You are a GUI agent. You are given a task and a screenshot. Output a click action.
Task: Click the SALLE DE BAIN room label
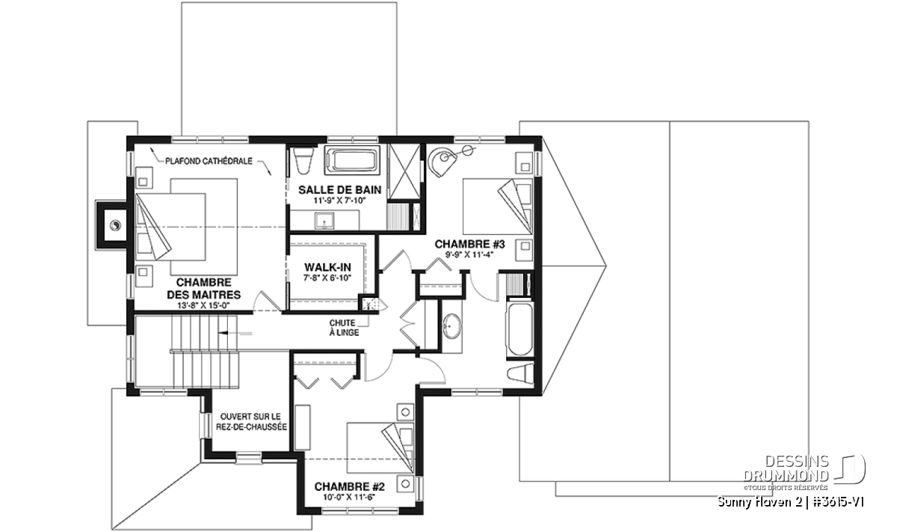click(x=339, y=189)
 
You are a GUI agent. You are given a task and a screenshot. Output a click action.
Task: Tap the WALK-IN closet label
click(x=327, y=267)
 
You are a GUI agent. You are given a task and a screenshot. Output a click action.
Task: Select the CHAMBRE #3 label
click(x=469, y=244)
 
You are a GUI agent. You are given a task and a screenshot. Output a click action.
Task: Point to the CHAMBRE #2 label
click(x=349, y=486)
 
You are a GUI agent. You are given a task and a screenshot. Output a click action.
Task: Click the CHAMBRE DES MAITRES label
click(x=204, y=288)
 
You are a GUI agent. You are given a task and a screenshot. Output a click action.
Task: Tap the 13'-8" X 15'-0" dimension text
click(x=204, y=305)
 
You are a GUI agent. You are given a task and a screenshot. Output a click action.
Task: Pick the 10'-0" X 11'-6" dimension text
click(x=349, y=498)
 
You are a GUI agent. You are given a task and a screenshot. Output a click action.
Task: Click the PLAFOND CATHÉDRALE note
click(x=209, y=161)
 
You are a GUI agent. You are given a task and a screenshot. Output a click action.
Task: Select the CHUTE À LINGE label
click(x=344, y=328)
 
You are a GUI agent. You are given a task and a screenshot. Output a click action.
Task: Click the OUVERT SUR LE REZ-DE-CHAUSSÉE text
click(x=251, y=422)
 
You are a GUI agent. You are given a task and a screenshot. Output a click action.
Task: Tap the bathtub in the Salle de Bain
click(x=352, y=160)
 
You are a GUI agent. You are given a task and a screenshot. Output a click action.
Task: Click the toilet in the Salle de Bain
click(x=303, y=161)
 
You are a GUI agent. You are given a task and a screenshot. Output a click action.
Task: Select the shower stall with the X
click(x=405, y=171)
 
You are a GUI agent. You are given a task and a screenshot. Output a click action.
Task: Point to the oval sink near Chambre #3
click(x=452, y=326)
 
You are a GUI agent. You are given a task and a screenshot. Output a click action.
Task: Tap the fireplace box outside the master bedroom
click(x=111, y=225)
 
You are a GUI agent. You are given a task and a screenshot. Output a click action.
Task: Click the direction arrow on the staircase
click(x=235, y=333)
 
